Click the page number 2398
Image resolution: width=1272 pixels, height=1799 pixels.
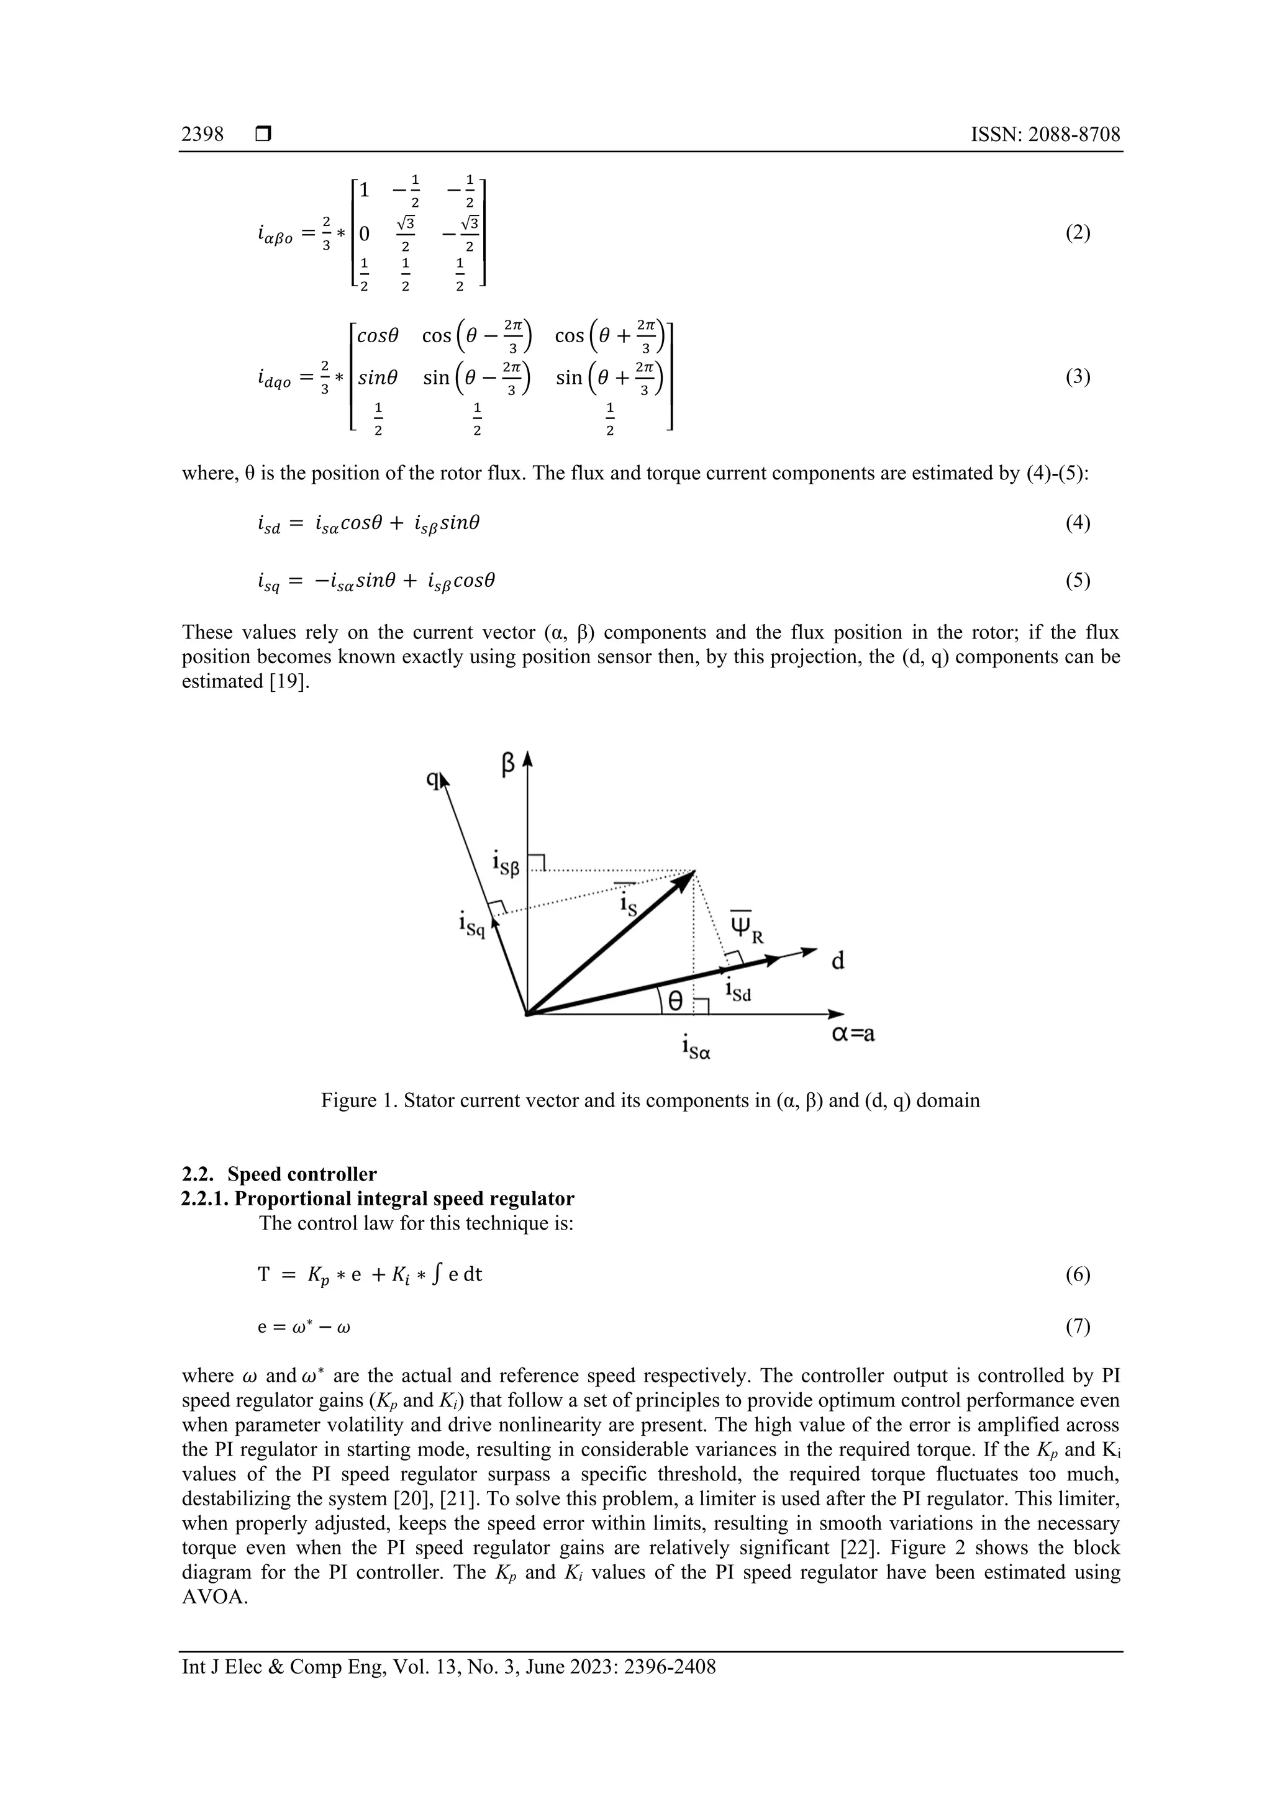point(202,135)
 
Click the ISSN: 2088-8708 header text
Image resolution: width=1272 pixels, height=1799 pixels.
point(1045,135)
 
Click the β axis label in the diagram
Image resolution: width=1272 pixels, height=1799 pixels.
point(508,763)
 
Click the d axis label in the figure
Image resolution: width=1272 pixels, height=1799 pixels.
point(837,961)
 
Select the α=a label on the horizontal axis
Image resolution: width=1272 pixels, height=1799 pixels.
point(853,1035)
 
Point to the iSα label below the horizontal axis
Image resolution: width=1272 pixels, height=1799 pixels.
point(696,1048)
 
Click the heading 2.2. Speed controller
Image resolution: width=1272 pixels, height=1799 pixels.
point(279,1174)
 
